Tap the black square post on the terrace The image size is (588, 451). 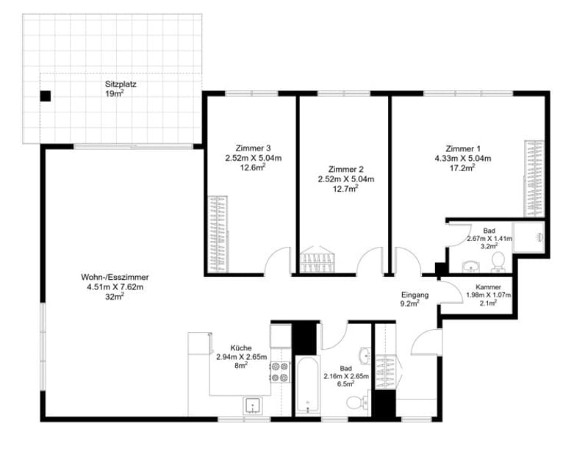[46, 96]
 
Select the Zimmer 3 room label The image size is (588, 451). [253, 148]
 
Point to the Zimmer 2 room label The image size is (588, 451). [345, 170]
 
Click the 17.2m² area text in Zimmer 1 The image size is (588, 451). [462, 168]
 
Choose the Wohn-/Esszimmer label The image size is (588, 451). [115, 278]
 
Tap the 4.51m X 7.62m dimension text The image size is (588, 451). [115, 287]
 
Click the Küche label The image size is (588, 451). [241, 348]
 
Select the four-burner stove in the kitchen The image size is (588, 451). [280, 372]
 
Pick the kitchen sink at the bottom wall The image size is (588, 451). [254, 406]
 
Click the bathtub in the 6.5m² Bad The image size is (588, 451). [307, 386]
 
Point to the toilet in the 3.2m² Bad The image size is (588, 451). [498, 261]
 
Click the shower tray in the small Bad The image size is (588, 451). [528, 237]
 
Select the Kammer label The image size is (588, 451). [488, 287]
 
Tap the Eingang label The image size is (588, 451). [415, 295]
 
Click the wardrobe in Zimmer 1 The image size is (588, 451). [534, 178]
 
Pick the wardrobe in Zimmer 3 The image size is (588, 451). [218, 234]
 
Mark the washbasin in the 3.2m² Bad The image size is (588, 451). [470, 266]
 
